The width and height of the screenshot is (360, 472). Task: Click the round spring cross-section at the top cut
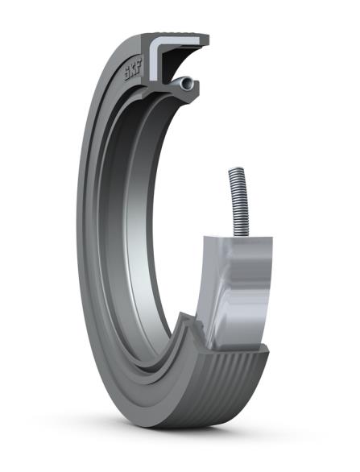click(x=186, y=81)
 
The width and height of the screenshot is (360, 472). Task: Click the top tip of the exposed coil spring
click(x=234, y=170)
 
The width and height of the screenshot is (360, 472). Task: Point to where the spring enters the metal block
click(x=238, y=234)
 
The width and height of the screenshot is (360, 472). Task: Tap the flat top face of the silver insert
click(x=238, y=240)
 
